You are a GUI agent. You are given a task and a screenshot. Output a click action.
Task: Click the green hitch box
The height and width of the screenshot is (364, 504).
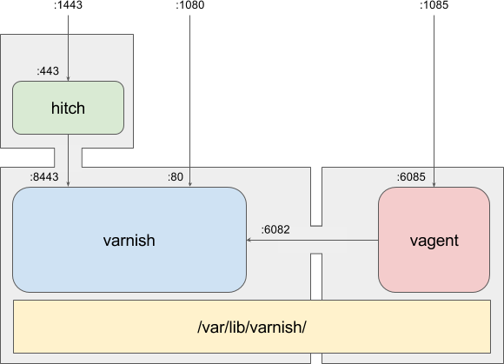68,108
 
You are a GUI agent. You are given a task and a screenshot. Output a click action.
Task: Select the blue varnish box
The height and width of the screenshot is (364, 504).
129,240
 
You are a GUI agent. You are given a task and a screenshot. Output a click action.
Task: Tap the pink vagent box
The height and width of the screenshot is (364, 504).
434,240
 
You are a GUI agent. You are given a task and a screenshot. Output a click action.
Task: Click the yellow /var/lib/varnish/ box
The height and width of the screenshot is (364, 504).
252,327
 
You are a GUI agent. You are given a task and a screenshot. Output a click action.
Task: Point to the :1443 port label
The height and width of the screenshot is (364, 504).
68,5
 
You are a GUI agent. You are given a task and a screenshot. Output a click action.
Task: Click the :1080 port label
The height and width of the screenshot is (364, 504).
189,5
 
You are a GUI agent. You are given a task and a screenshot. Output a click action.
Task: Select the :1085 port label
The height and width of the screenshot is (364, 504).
434,5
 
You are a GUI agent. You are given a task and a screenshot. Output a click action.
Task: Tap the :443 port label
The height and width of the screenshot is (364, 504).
48,71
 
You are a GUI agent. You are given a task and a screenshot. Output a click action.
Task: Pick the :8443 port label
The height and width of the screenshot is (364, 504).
44,177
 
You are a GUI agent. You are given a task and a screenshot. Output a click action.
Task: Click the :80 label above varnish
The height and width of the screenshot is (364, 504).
176,177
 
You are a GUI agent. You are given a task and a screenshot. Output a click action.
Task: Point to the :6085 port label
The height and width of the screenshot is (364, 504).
411,177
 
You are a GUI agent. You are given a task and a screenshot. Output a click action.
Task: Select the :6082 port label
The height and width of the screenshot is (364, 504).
275,229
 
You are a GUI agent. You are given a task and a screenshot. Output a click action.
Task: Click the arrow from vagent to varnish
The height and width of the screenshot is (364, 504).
313,240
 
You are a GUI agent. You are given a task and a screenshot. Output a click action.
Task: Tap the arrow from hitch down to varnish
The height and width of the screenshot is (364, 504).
68,161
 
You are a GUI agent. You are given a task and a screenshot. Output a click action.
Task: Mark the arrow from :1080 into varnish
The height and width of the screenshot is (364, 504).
189,101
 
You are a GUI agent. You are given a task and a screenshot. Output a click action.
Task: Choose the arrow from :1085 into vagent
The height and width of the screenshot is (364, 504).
434,101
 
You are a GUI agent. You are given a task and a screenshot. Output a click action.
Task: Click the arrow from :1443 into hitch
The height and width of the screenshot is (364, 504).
68,48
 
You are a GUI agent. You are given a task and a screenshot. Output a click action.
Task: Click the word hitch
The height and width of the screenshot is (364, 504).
68,109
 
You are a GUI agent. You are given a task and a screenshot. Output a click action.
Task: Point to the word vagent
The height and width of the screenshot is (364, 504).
434,241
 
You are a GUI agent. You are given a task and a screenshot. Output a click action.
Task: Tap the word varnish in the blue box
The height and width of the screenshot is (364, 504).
129,241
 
